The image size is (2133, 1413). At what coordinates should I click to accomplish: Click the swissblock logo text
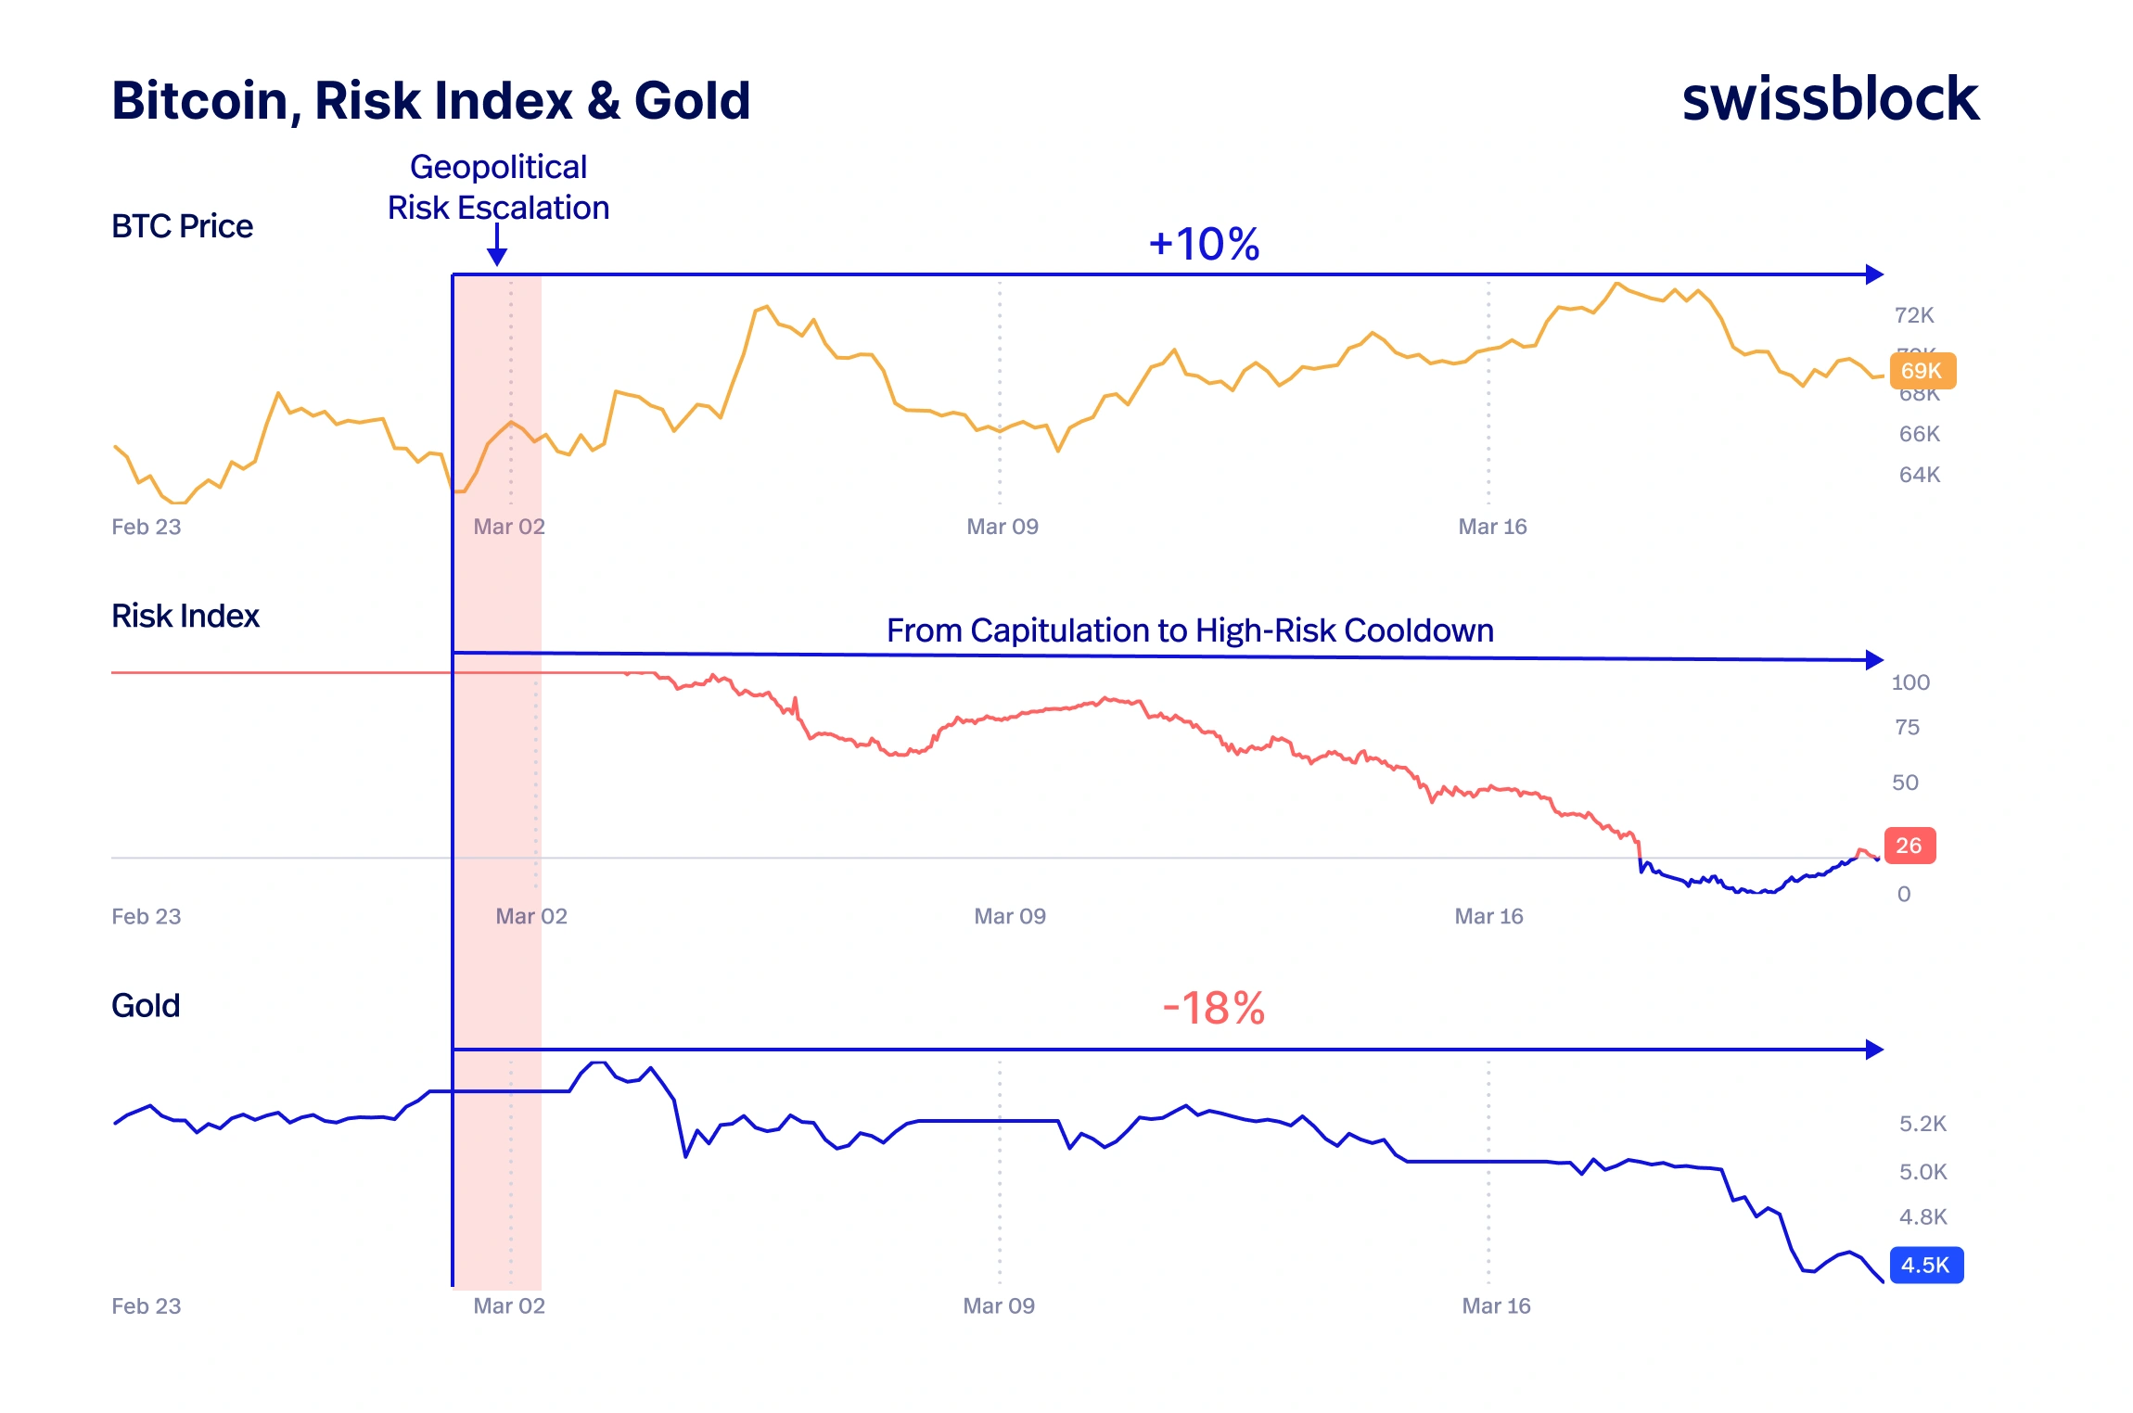[1830, 99]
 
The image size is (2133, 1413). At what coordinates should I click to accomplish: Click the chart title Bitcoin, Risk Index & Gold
[430, 100]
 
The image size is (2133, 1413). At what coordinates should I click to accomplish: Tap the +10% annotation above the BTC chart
[1204, 244]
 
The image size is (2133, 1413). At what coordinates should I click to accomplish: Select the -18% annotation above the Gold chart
[1213, 1008]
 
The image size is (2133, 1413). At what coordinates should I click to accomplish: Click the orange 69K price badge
[1922, 371]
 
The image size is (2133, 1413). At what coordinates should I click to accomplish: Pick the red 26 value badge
[1909, 846]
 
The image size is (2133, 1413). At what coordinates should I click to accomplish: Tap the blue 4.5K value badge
[1925, 1265]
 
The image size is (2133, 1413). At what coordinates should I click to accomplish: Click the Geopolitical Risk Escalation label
[498, 187]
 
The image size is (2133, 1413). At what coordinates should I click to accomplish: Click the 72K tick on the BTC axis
[1914, 315]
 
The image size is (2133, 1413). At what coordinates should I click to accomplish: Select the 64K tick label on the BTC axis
[1919, 475]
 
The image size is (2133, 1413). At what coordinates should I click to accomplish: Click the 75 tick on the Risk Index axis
[1907, 727]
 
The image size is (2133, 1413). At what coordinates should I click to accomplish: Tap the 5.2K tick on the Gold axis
[1922, 1124]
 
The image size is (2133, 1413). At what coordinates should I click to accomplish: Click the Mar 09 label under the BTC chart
[1002, 527]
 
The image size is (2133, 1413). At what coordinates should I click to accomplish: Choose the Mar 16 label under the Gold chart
[1495, 1305]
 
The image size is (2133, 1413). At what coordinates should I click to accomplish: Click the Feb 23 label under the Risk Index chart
[146, 916]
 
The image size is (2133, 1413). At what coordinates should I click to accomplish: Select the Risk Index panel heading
[185, 616]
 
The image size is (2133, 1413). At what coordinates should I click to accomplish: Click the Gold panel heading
[146, 1005]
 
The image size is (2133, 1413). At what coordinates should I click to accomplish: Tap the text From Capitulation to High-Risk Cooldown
[1190, 630]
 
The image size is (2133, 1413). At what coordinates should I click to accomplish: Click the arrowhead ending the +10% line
[1874, 274]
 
